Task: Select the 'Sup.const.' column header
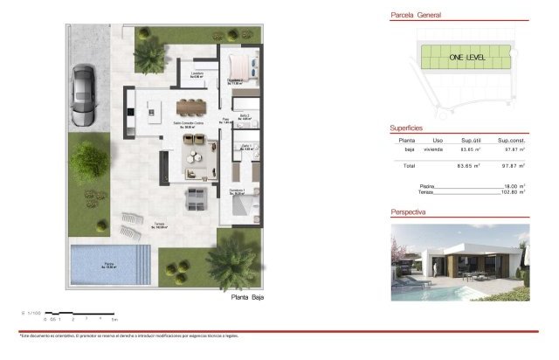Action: [x=510, y=140]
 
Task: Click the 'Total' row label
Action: [x=408, y=165]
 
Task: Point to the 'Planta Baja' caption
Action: [x=246, y=297]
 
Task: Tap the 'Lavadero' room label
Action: [x=197, y=74]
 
